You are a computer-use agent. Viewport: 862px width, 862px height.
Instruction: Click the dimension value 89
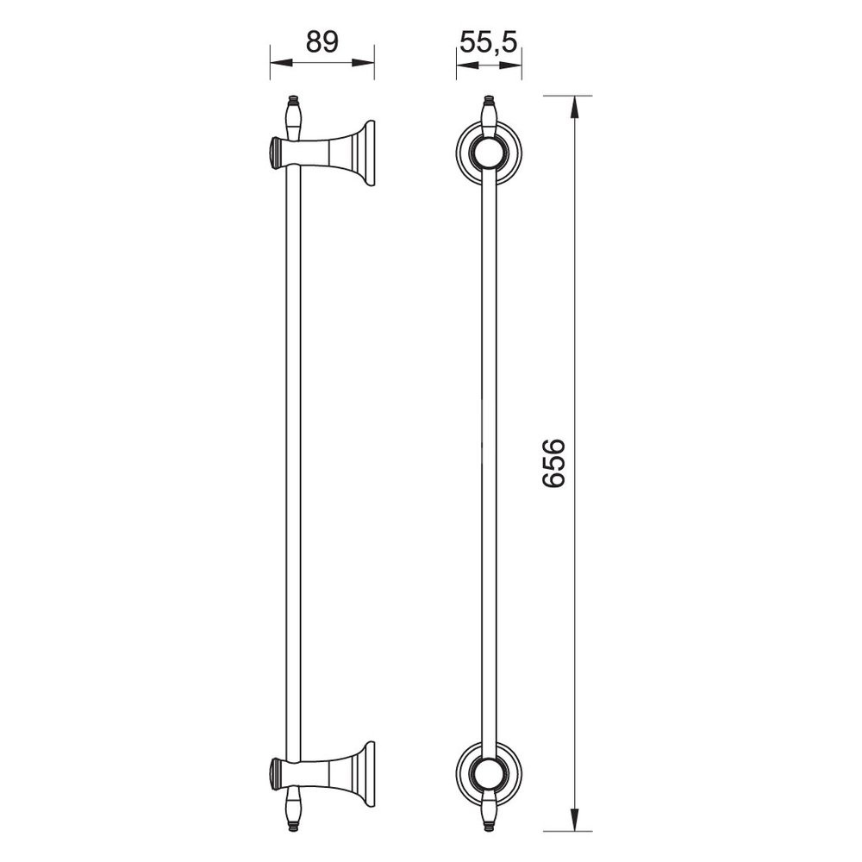coord(322,42)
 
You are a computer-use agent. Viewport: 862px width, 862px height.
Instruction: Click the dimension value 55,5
coord(489,42)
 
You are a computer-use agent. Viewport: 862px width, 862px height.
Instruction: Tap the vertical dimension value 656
coord(553,462)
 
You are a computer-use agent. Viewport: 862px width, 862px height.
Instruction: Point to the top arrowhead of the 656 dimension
coord(574,108)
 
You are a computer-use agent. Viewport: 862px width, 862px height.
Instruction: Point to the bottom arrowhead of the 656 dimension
coord(574,819)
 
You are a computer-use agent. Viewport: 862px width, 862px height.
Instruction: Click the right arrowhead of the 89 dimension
coord(363,63)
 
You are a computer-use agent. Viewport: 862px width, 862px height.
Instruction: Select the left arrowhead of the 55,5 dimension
coord(467,65)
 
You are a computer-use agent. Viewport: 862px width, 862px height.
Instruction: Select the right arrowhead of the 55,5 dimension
coord(510,65)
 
